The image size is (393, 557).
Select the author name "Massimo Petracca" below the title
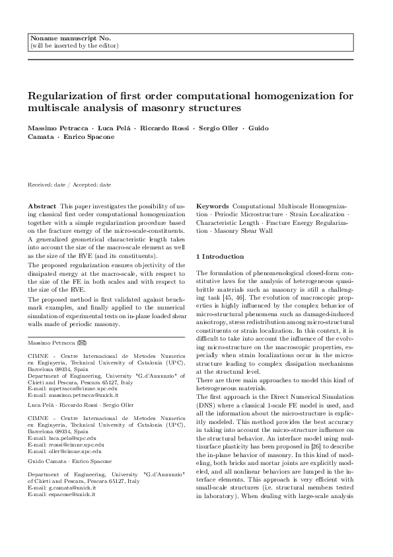tap(54, 128)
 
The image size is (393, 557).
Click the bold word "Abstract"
tap(42, 206)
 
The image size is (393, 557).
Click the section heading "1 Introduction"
tap(221, 256)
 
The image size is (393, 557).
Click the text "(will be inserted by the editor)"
tap(74, 46)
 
